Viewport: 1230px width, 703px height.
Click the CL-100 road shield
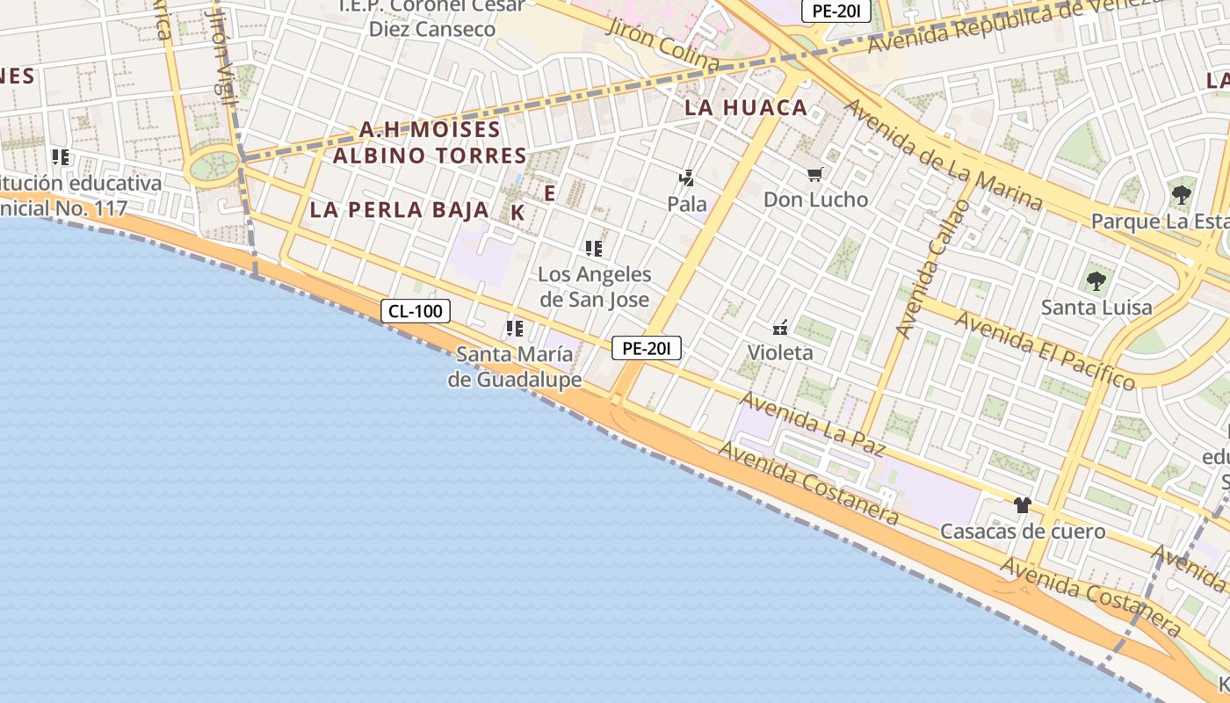416,310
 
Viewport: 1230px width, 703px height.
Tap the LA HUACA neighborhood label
746,108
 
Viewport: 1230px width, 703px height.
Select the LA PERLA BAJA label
399,210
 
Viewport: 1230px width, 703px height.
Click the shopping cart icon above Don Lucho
814,175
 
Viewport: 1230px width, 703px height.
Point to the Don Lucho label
815,199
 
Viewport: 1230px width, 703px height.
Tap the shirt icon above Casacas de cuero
1022,505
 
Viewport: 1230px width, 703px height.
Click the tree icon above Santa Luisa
1096,281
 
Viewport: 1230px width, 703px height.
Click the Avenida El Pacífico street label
1045,350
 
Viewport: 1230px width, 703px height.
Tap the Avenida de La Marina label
944,155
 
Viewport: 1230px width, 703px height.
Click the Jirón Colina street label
663,44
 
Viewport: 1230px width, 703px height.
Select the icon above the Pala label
686,178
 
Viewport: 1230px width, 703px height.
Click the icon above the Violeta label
779,329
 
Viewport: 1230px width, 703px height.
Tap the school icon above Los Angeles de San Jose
594,249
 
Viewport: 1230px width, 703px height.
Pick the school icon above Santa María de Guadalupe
514,330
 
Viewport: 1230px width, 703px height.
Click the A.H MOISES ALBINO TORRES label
430,142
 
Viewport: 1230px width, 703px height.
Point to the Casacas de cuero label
1023,532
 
